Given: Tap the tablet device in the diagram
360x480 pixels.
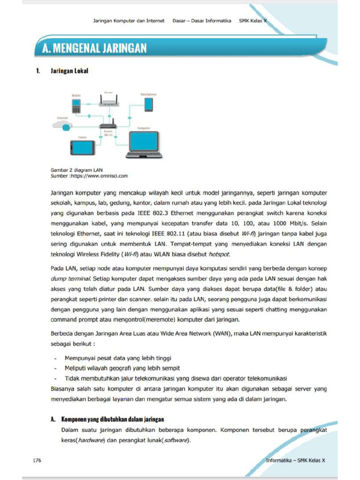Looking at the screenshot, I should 82,148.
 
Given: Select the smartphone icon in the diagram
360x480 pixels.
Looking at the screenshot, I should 148,104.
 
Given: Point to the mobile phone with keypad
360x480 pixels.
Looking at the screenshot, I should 76,106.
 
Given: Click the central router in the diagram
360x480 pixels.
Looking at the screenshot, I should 108,126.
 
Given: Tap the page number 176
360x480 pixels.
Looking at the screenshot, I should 37,460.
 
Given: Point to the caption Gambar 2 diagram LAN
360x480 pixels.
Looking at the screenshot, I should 76,170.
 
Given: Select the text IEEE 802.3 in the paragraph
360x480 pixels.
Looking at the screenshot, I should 140,211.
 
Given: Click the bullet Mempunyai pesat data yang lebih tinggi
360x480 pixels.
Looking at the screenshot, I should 118,358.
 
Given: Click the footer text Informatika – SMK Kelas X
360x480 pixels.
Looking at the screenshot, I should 295,460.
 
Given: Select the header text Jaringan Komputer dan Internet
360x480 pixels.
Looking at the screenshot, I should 128,21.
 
